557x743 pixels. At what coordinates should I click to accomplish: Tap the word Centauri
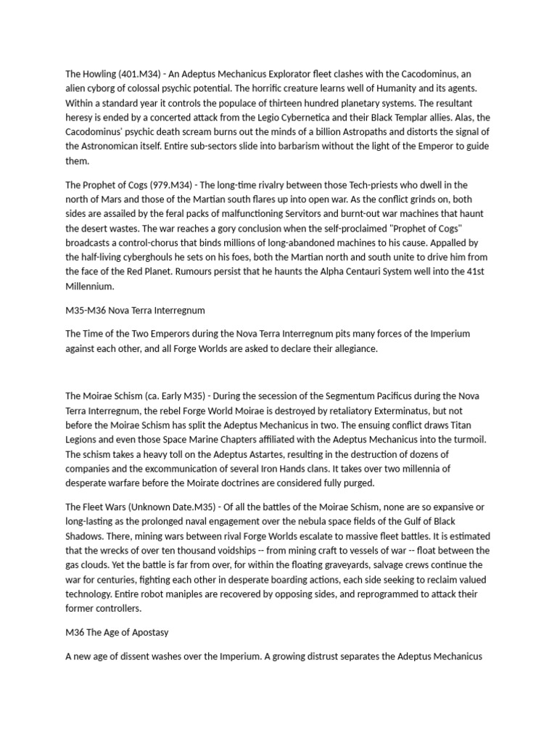363,273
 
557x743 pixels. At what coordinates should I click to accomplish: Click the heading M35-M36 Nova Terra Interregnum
135,311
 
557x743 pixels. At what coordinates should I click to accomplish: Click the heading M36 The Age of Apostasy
117,633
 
